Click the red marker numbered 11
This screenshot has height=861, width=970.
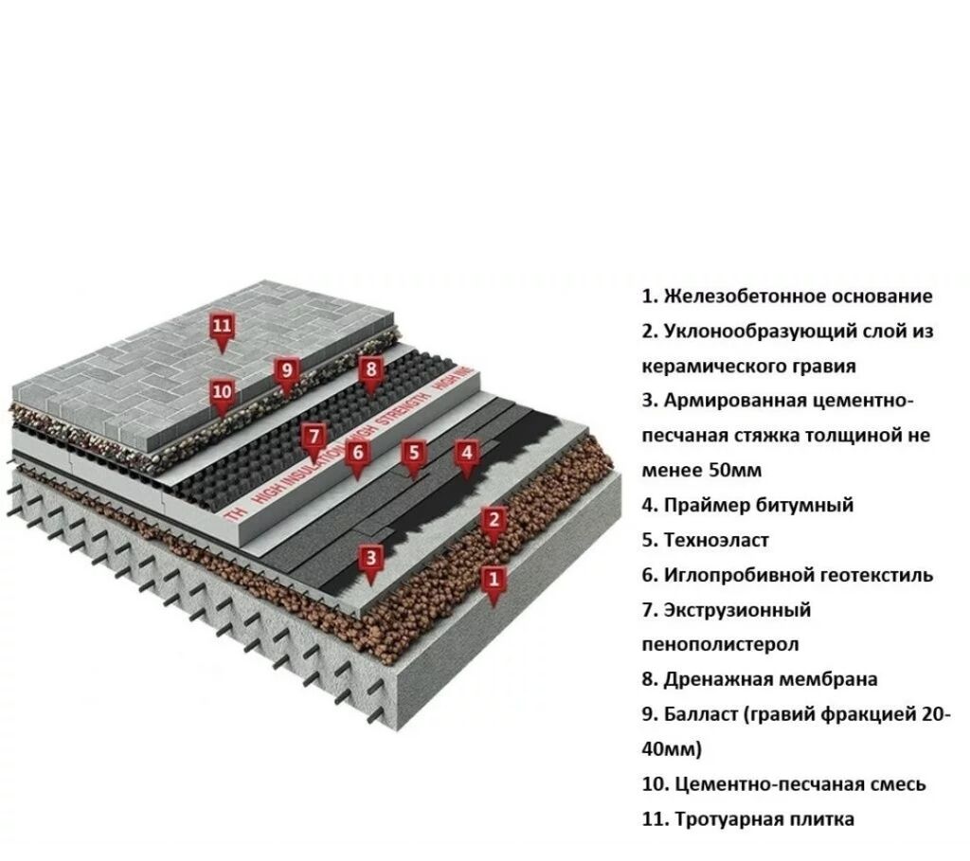click(x=222, y=328)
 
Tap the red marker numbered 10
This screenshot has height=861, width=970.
click(x=222, y=392)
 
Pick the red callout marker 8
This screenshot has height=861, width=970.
click(x=370, y=369)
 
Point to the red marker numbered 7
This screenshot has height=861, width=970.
click(x=314, y=439)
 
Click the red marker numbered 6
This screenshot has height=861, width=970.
click(x=357, y=454)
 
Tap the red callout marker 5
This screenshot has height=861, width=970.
click(x=412, y=454)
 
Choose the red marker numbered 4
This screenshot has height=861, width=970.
click(x=465, y=454)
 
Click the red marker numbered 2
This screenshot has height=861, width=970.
click(x=492, y=520)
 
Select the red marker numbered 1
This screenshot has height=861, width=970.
click(x=493, y=577)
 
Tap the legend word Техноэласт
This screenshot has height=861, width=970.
click(x=716, y=540)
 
